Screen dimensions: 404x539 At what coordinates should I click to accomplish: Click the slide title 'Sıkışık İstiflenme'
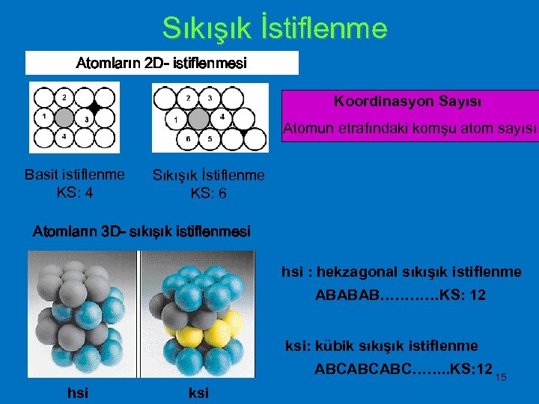pyautogui.click(x=275, y=28)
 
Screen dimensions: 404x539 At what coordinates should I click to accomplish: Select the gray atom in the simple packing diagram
pyautogui.click(x=64, y=117)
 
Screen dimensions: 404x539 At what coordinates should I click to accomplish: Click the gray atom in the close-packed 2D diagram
pyautogui.click(x=198, y=118)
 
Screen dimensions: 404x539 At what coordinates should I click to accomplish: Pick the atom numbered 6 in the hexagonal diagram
pyautogui.click(x=187, y=139)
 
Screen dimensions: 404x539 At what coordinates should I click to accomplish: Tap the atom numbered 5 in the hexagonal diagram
pyautogui.click(x=209, y=139)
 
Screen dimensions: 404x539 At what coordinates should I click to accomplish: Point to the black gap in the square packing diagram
pyautogui.click(x=93, y=107)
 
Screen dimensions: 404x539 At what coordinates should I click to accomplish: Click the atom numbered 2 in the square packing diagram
pyautogui.click(x=64, y=97)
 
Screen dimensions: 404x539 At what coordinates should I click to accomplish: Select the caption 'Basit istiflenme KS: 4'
pyautogui.click(x=75, y=183)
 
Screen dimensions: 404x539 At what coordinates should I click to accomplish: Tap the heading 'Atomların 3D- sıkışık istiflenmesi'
pyautogui.click(x=141, y=232)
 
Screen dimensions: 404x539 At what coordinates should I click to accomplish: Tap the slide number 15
pyautogui.click(x=501, y=377)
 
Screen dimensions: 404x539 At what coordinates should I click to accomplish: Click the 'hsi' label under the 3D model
pyautogui.click(x=77, y=393)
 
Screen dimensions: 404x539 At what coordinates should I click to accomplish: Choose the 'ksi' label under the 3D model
pyautogui.click(x=198, y=393)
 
